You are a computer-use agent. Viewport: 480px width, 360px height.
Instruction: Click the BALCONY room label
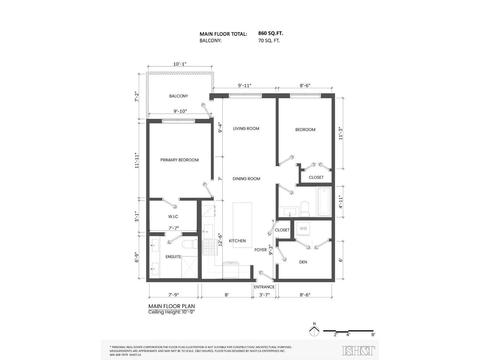point(178,96)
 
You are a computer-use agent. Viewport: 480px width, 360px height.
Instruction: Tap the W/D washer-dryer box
point(303,229)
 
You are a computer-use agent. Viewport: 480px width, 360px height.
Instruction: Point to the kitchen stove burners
point(209,247)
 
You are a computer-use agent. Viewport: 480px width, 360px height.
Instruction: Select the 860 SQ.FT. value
point(271,34)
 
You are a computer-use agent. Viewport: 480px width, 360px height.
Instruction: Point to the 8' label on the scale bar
point(373,334)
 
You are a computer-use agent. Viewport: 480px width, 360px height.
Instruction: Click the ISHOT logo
point(358,350)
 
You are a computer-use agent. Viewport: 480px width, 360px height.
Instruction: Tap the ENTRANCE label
point(264,287)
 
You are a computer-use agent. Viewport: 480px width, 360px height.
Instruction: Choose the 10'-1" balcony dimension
point(180,64)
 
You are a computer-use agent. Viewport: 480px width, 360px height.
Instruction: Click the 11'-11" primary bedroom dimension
point(137,160)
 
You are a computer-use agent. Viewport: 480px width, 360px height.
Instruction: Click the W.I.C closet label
point(173,217)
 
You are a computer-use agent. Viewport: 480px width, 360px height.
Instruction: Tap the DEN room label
point(303,262)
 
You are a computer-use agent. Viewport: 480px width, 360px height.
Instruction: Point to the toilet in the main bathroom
point(305,209)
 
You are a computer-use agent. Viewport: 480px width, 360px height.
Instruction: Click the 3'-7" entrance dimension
point(264,295)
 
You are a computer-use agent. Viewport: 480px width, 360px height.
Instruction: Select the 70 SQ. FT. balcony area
point(269,40)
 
